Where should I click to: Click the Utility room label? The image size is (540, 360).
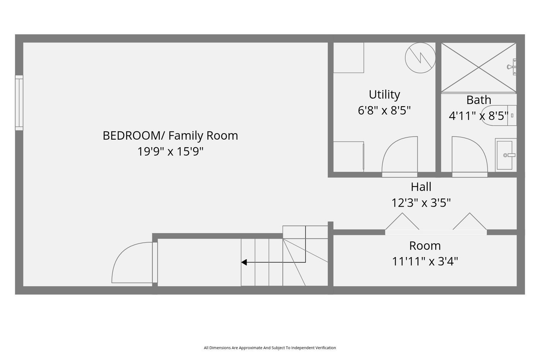[x=384, y=95]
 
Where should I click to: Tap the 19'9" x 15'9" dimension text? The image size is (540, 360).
[x=170, y=152]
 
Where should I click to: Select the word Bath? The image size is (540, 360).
[x=478, y=100]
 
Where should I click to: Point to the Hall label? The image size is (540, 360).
[x=421, y=186]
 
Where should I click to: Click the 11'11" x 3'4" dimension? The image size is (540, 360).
[x=425, y=261]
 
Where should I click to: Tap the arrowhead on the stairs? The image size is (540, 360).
[x=244, y=262]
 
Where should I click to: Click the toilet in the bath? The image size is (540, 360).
[x=499, y=116]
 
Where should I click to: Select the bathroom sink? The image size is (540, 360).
[x=506, y=155]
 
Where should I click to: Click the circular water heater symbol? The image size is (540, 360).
[x=420, y=58]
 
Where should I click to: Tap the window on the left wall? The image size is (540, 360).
[x=19, y=103]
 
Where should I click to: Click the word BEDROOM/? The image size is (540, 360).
[x=134, y=136]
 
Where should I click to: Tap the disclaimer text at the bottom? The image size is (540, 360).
[x=270, y=348]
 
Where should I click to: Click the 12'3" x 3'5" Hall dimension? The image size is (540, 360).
[x=421, y=203]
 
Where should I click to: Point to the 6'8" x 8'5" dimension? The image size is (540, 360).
[x=384, y=111]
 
